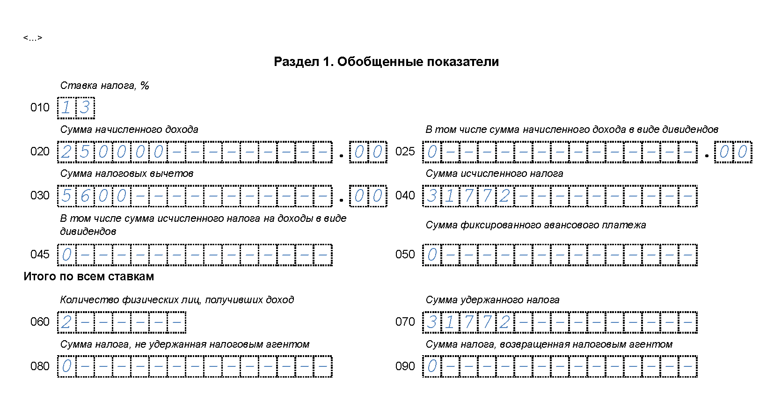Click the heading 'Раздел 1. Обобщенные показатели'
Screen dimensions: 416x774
[386, 62]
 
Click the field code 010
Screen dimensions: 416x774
[40, 108]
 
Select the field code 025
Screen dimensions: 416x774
[405, 152]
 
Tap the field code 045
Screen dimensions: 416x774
[40, 255]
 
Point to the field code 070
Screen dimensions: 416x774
[405, 322]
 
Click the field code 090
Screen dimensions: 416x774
[405, 366]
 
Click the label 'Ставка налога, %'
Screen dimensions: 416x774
[104, 86]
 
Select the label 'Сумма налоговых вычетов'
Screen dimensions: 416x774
[126, 174]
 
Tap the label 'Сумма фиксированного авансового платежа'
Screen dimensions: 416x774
[535, 225]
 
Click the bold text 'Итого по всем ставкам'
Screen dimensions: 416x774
[88, 277]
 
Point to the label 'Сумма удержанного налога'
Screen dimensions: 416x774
[492, 300]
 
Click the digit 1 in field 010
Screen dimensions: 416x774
[66, 108]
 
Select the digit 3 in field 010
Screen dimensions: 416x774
[85, 108]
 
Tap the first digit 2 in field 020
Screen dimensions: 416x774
[66, 152]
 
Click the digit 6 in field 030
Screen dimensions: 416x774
[85, 196]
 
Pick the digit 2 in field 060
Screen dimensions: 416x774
[66, 322]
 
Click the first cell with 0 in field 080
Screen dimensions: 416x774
[66, 366]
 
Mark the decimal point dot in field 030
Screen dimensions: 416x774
[341, 200]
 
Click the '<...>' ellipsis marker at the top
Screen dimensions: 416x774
[33, 38]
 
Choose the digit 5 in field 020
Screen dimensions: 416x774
[85, 152]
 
